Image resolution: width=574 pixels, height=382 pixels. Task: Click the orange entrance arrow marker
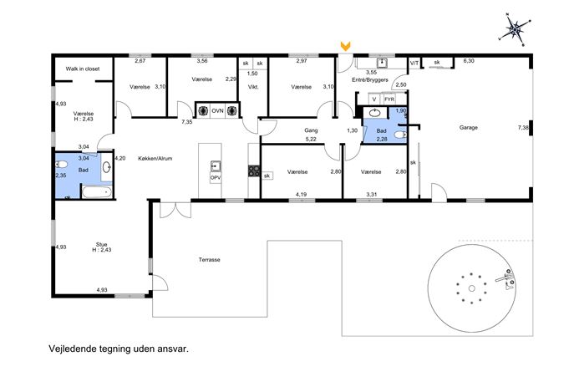pyautogui.click(x=345, y=46)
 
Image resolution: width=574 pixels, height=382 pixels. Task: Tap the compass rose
pyautogui.click(x=515, y=30)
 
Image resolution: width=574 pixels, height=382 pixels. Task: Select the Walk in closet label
pyautogui.click(x=83, y=69)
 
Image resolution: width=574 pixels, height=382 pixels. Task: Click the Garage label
pyautogui.click(x=468, y=127)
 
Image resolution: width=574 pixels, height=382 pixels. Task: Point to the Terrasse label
pyautogui.click(x=210, y=260)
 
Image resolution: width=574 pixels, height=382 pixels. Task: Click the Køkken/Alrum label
pyautogui.click(x=155, y=159)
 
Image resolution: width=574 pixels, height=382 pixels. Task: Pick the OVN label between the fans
pyautogui.click(x=217, y=110)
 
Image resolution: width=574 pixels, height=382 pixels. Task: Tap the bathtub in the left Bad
pyautogui.click(x=97, y=192)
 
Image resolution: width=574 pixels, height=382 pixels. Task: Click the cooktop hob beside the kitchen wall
pyautogui.click(x=254, y=171)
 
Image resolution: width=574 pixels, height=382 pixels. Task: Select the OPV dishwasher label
pyautogui.click(x=216, y=178)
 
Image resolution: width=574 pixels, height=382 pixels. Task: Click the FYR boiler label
pyautogui.click(x=389, y=99)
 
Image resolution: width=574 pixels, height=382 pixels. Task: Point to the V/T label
pyautogui.click(x=414, y=63)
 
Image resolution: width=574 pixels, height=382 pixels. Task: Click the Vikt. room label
pyautogui.click(x=253, y=87)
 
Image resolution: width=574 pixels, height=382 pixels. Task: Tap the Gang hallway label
pyautogui.click(x=311, y=130)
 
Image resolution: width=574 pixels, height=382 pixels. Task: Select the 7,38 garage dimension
pyautogui.click(x=523, y=127)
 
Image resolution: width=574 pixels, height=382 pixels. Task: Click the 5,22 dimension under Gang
pyautogui.click(x=311, y=140)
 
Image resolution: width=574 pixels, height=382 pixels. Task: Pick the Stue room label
pyautogui.click(x=101, y=244)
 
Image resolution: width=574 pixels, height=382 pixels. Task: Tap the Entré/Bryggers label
pyautogui.click(x=370, y=80)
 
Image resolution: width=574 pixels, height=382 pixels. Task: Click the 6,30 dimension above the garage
pyautogui.click(x=469, y=61)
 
